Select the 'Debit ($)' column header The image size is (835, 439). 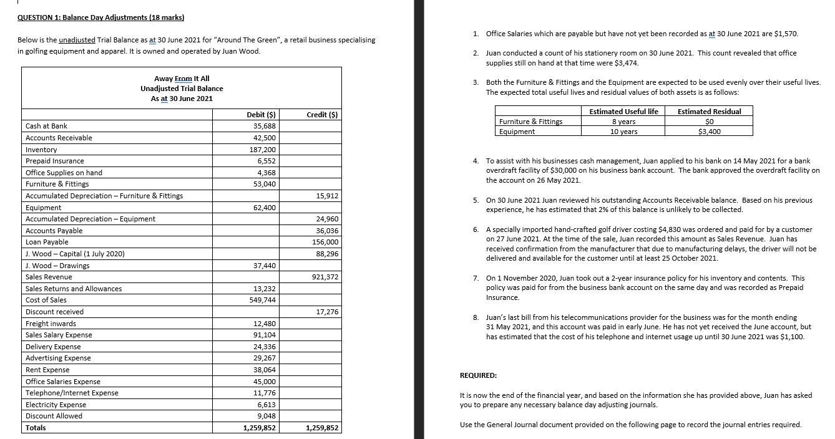click(x=261, y=114)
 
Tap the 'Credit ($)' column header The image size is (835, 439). click(x=323, y=114)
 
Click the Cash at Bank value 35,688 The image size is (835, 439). click(x=264, y=126)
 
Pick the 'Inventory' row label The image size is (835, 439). click(x=41, y=150)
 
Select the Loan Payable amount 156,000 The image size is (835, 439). click(x=325, y=242)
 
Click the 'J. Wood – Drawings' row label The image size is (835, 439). click(x=57, y=266)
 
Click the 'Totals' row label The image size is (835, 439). click(x=36, y=428)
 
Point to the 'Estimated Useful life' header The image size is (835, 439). click(x=615, y=112)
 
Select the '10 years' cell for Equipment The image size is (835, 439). click(x=623, y=132)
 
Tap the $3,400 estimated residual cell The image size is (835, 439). click(x=710, y=132)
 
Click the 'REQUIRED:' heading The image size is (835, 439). click(x=478, y=375)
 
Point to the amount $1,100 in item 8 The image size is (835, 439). click(x=791, y=337)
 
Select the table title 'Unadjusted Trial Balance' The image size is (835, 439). click(x=182, y=89)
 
